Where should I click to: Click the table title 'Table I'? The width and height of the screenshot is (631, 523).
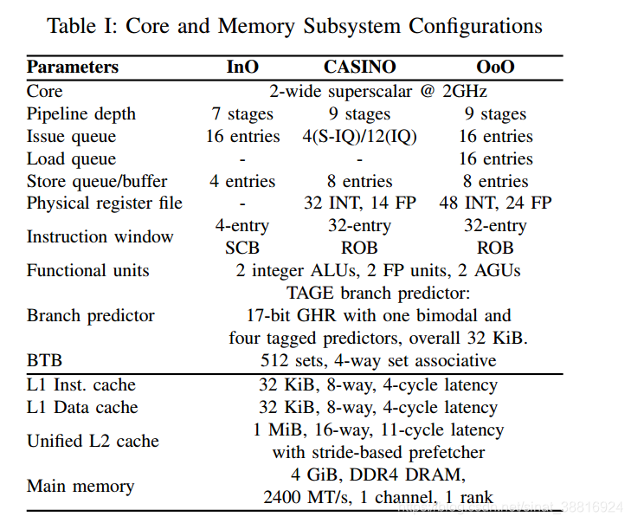tap(295, 25)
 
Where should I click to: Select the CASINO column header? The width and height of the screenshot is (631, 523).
tap(359, 68)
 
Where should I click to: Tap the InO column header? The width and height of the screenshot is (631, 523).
tap(242, 68)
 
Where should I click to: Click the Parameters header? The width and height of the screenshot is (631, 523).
tap(73, 68)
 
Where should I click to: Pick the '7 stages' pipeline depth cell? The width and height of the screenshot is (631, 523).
tap(242, 113)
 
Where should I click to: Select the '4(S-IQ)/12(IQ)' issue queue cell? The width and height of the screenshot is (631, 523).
tap(359, 136)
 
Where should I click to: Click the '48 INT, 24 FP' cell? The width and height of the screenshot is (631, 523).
tap(495, 203)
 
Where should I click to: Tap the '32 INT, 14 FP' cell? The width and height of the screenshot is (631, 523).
tap(359, 203)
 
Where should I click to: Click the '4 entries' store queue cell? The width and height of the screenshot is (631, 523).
tap(242, 181)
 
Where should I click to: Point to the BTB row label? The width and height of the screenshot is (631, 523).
tap(45, 360)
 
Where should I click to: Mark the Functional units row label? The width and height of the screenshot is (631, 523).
tap(87, 270)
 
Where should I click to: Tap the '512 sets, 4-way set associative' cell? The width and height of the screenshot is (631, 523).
tap(378, 360)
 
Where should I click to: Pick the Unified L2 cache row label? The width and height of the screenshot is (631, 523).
tap(93, 441)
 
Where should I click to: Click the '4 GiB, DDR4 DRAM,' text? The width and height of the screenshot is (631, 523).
tap(378, 475)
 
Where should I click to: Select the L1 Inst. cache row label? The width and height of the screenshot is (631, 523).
tap(81, 384)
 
